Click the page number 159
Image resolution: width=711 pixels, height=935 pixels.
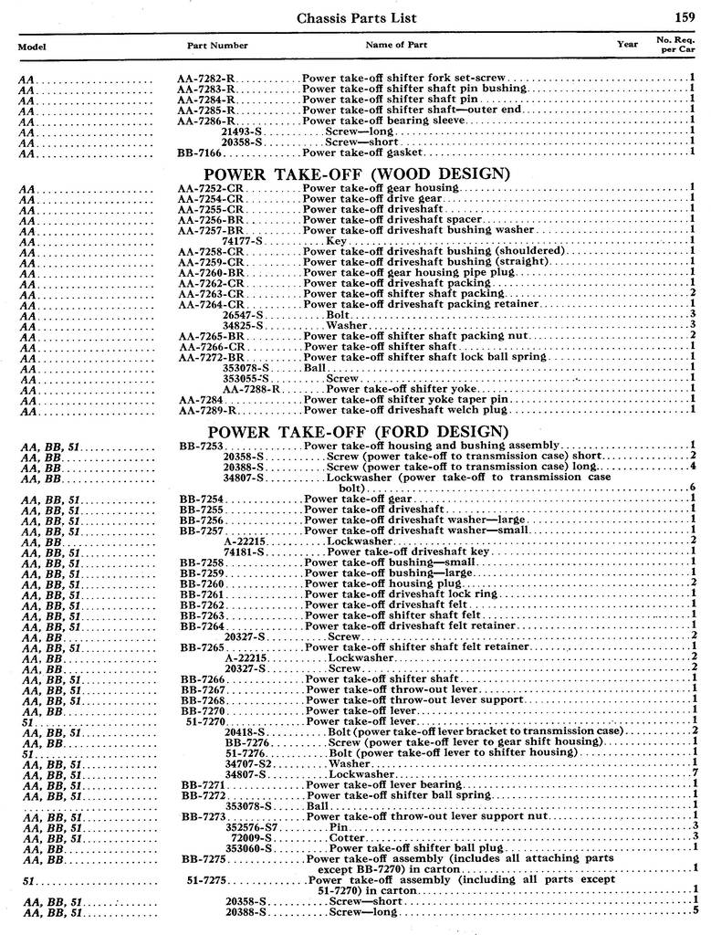pos(685,16)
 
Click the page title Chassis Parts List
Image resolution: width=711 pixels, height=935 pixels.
pos(358,17)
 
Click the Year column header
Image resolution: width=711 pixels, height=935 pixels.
pos(627,43)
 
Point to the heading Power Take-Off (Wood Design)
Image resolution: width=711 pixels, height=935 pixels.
pos(356,173)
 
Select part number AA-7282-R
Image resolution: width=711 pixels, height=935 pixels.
pos(207,78)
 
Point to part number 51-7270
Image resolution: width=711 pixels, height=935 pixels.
pos(207,720)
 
